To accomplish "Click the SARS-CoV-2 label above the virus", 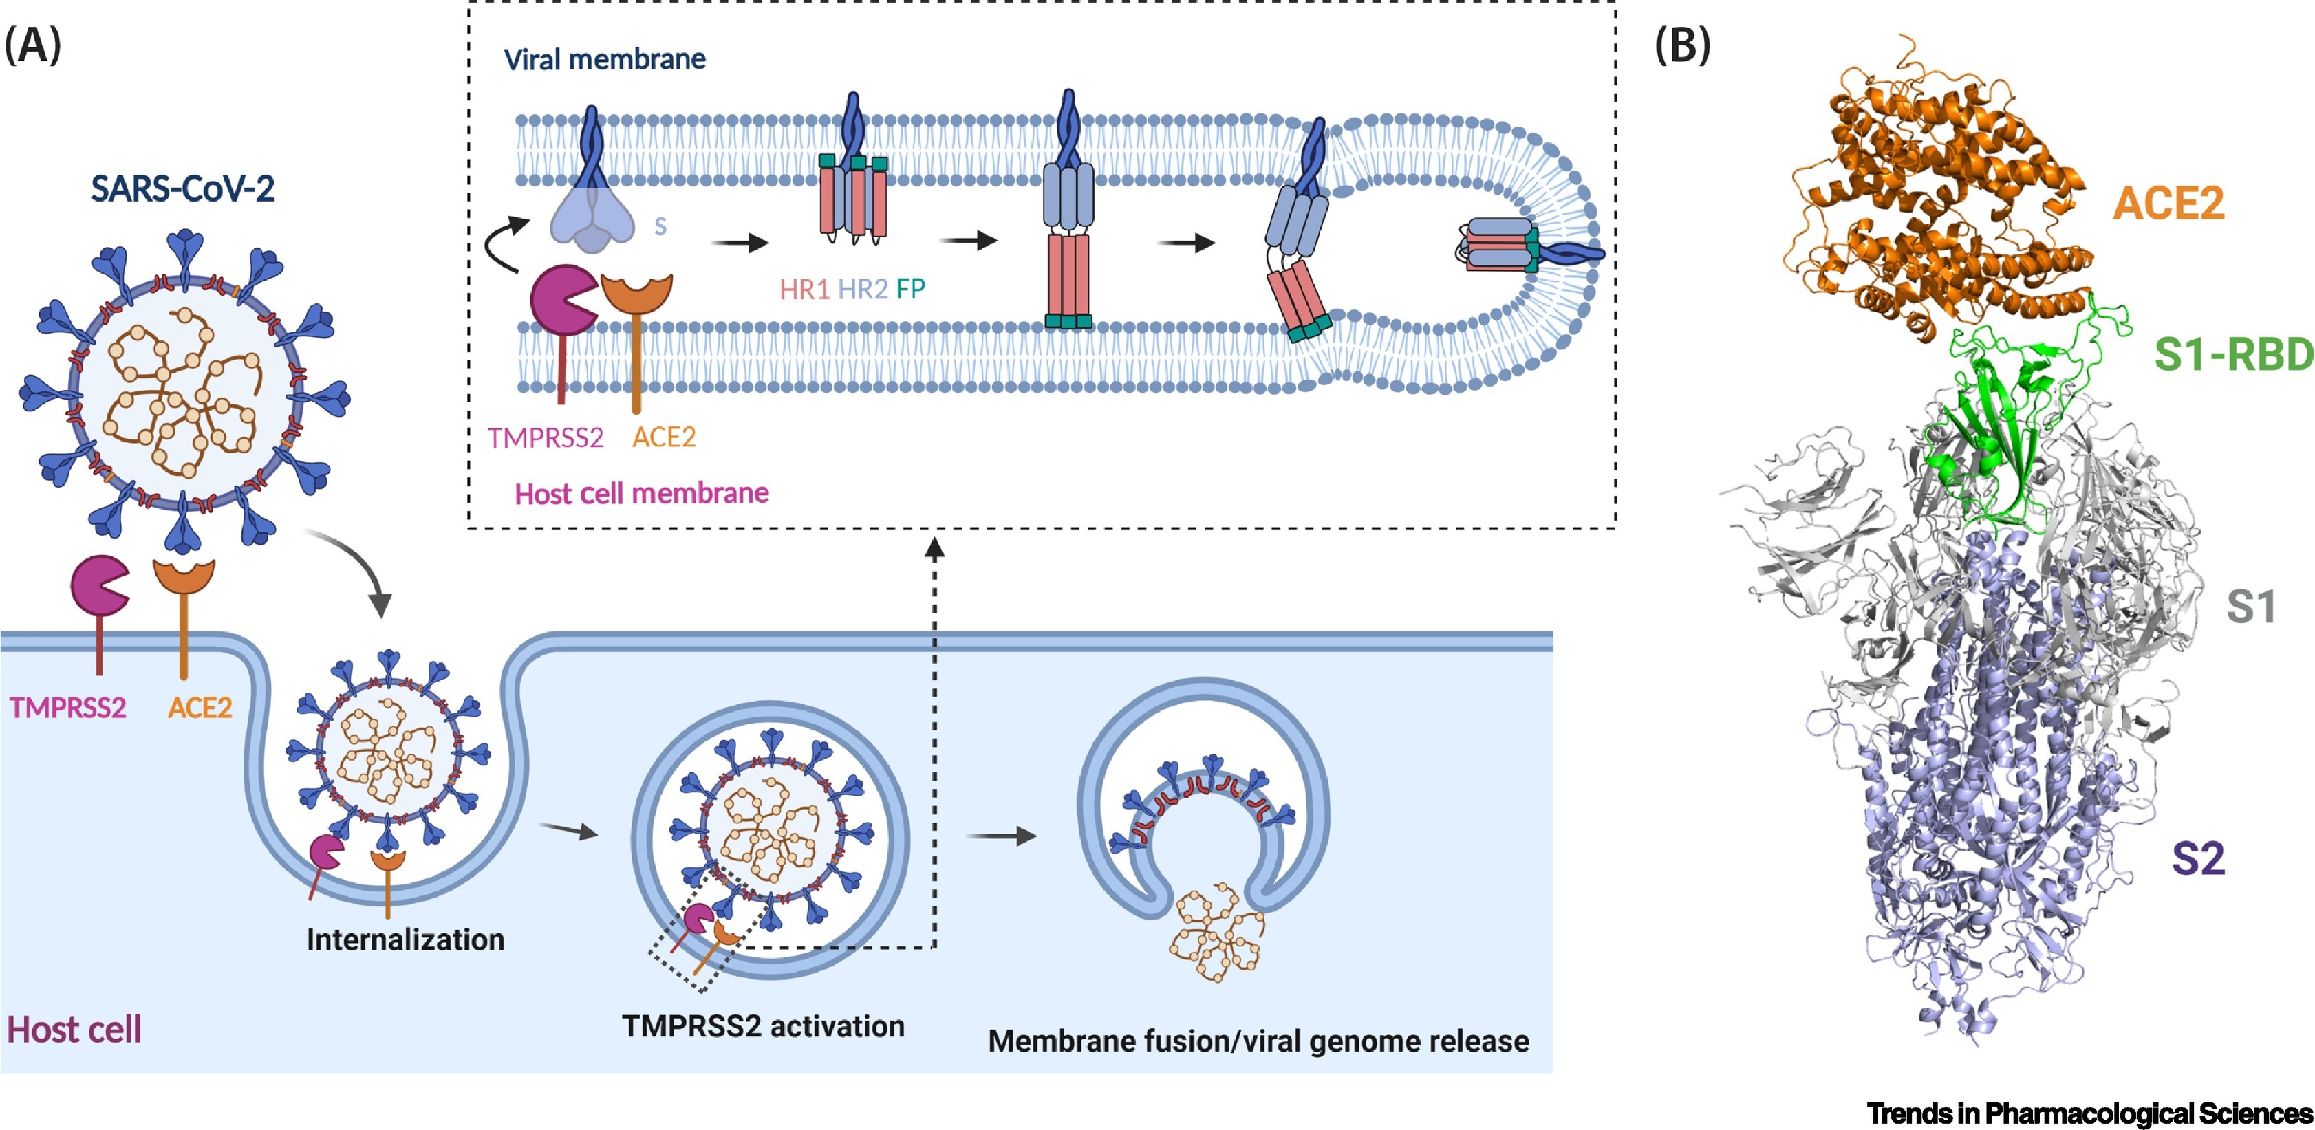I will [x=182, y=190].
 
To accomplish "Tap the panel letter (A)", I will [x=33, y=45].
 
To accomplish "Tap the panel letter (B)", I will [x=1682, y=45].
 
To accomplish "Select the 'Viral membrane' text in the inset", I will [x=604, y=59].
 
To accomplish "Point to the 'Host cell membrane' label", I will [x=642, y=493].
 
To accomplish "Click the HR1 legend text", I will [x=804, y=290].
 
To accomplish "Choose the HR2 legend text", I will [x=863, y=290].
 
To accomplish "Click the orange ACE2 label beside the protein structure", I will [x=2168, y=204].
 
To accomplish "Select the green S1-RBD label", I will [x=2233, y=355].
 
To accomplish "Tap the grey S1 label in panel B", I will [x=2250, y=608].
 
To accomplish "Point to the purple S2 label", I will [x=2198, y=859].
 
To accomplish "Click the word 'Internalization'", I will [x=405, y=939].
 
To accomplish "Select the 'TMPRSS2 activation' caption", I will [x=763, y=1025].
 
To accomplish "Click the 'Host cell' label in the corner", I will [x=74, y=1030].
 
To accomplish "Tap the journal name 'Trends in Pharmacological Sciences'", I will [x=2089, y=1113].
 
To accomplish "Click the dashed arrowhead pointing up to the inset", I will [x=935, y=547].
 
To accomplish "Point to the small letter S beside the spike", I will [x=660, y=226].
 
